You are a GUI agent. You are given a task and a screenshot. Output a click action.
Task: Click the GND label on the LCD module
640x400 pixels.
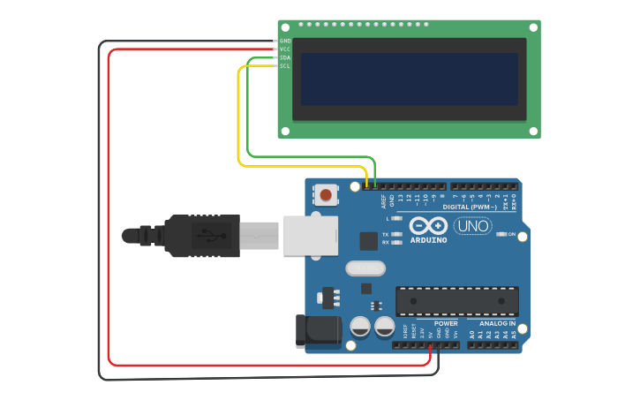click(285, 41)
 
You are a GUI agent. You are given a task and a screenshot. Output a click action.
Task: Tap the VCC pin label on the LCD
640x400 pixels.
click(285, 49)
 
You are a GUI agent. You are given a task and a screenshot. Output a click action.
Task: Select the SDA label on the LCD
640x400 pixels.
click(285, 57)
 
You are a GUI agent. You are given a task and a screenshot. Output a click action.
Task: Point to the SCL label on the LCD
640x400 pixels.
click(285, 66)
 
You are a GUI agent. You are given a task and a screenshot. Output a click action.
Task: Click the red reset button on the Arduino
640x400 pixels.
click(326, 194)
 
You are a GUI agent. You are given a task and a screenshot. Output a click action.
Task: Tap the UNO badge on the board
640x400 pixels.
click(472, 226)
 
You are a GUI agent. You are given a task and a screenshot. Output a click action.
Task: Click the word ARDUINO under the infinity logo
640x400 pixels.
click(429, 239)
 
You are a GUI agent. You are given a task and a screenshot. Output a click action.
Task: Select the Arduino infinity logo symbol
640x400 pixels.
click(429, 225)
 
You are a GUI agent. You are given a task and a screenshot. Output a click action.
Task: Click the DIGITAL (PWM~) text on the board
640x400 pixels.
click(480, 207)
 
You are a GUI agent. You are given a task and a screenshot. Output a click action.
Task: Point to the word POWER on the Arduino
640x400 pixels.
click(446, 324)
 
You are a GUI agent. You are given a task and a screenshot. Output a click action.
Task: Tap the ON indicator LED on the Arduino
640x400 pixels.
click(501, 234)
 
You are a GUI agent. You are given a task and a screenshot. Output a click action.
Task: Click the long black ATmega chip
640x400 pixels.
click(456, 301)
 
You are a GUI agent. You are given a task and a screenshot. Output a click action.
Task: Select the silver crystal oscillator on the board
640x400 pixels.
click(365, 268)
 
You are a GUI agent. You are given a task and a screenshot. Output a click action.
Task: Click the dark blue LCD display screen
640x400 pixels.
click(410, 79)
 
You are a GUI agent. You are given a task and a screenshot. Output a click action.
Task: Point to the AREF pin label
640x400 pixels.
click(384, 202)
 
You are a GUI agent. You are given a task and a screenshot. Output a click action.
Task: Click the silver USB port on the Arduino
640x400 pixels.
click(310, 235)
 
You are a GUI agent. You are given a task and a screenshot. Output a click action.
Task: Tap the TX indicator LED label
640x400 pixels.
click(387, 234)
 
